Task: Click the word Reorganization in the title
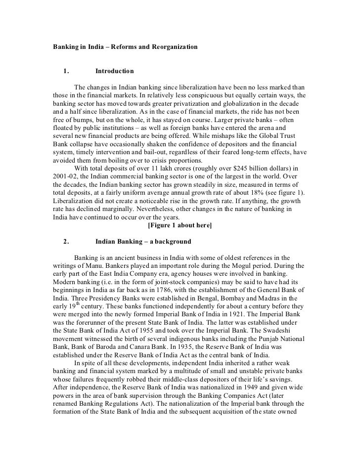[174, 46]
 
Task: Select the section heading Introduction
[114, 71]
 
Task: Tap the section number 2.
[66, 242]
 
